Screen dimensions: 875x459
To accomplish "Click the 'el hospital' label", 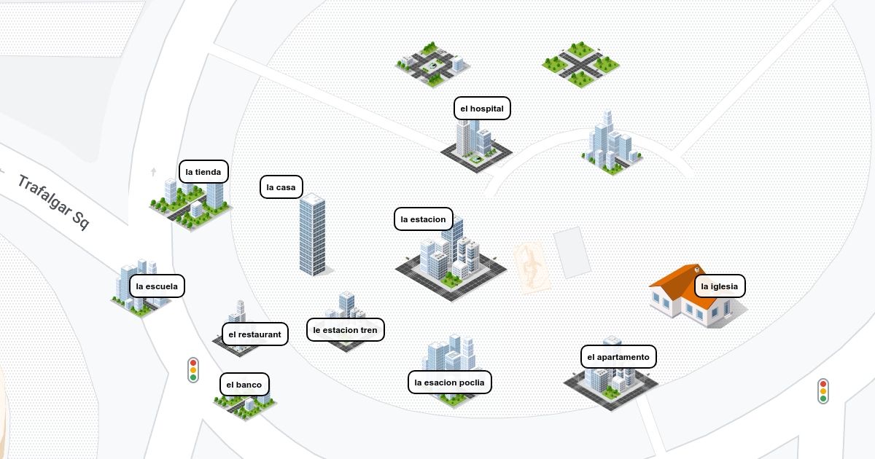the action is tap(482, 108).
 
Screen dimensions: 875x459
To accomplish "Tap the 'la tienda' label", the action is tap(203, 171).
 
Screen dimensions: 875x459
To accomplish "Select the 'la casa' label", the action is tap(281, 187).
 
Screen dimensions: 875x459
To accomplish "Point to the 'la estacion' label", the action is tap(424, 219).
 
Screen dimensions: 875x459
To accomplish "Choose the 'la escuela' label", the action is tap(157, 286).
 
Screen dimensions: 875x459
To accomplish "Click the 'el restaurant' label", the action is tap(255, 334).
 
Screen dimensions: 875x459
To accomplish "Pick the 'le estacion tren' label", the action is tap(346, 330).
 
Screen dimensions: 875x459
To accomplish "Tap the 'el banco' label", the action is tap(244, 385).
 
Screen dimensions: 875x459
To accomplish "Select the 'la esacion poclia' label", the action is tap(450, 382).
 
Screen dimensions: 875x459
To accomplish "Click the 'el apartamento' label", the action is tap(618, 357).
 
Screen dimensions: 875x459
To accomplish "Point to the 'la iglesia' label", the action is tap(720, 286).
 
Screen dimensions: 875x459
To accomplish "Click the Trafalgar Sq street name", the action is tap(53, 202).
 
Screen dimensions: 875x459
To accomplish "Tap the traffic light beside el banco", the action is tap(193, 370).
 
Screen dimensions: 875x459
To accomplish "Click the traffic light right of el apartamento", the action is tap(823, 391).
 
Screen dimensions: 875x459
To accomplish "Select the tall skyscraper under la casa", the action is tap(313, 234).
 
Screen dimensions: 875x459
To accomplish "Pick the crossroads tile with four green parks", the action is tap(581, 65).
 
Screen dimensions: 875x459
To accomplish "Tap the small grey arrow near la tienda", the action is tap(154, 171).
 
